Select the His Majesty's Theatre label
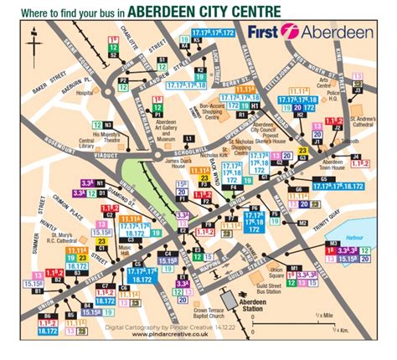[x=107, y=135]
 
